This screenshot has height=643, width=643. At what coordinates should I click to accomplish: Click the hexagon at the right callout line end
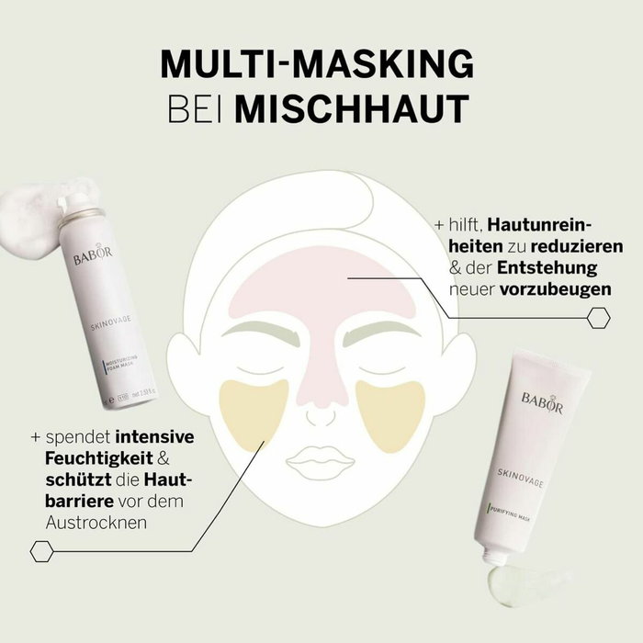click(x=599, y=318)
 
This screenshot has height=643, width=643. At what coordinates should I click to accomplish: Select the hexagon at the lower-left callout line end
click(x=40, y=551)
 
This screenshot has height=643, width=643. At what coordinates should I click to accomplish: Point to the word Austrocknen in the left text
click(x=96, y=520)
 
